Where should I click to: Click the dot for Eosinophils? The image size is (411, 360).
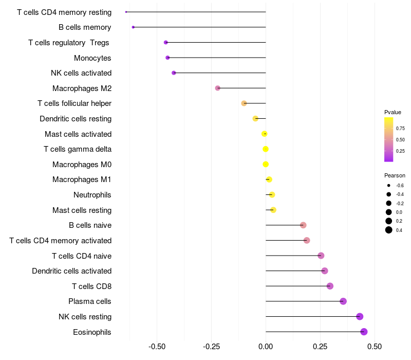pyautogui.click(x=364, y=332)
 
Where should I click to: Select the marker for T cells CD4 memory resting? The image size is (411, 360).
pyautogui.click(x=126, y=12)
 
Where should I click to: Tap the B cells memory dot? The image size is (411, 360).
pyautogui.click(x=133, y=27)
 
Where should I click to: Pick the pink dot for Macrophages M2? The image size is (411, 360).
pyautogui.click(x=217, y=88)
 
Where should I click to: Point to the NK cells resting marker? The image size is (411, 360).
pyautogui.click(x=360, y=316)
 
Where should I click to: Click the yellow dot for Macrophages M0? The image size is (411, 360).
pyautogui.click(x=266, y=164)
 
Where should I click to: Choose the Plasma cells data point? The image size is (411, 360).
pyautogui.click(x=343, y=301)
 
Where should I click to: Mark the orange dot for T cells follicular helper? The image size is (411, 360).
pyautogui.click(x=244, y=103)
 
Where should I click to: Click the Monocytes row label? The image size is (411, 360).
pyautogui.click(x=92, y=58)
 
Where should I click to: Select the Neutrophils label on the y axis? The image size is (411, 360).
pyautogui.click(x=92, y=195)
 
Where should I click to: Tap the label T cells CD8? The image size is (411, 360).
pyautogui.click(x=92, y=286)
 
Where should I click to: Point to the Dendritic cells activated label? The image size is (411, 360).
pyautogui.click(x=72, y=271)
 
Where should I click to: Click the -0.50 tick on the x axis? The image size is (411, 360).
pyautogui.click(x=157, y=347)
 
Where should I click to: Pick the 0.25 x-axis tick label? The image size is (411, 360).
pyautogui.click(x=320, y=347)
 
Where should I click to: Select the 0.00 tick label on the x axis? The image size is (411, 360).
pyautogui.click(x=266, y=347)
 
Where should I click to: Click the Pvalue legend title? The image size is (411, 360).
pyautogui.click(x=393, y=112)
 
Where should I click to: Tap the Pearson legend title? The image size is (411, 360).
pyautogui.click(x=395, y=175)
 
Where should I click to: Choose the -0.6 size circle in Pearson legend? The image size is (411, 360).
pyautogui.click(x=388, y=186)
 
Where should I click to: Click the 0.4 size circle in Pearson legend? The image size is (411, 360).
pyautogui.click(x=388, y=230)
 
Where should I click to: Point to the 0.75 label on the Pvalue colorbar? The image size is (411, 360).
pyautogui.click(x=400, y=128)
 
